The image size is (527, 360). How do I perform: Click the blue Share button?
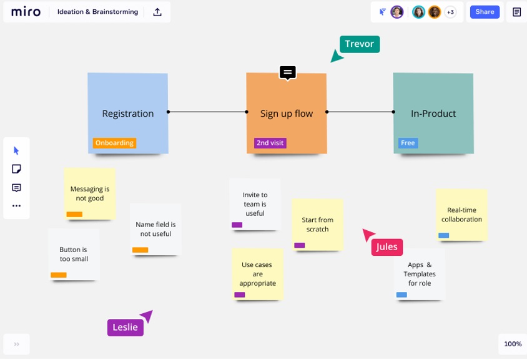[x=485, y=12]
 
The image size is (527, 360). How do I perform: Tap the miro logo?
[x=26, y=12]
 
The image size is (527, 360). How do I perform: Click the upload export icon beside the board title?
[x=157, y=12]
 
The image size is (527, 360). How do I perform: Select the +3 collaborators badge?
[x=450, y=12]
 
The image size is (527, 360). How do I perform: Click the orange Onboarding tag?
[x=114, y=143]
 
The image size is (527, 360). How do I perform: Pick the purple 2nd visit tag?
[x=270, y=143]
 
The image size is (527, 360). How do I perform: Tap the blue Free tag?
[x=408, y=143]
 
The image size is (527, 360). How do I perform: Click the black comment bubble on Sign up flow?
[x=288, y=72]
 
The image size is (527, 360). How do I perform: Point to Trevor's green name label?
[x=360, y=44]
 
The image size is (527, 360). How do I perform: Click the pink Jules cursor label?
[x=387, y=247]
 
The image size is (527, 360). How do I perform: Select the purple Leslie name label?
[x=126, y=328]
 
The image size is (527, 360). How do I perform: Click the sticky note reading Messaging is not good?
[x=90, y=194]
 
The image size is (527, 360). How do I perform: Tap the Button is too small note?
[x=74, y=254]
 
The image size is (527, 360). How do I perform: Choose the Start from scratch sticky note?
[x=317, y=225]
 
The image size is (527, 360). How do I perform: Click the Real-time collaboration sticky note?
[x=461, y=215]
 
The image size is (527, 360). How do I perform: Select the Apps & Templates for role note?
[x=420, y=274]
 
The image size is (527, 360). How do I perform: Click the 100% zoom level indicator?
[x=513, y=344]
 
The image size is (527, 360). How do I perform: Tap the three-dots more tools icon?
[x=16, y=205]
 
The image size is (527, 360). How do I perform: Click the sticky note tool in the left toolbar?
[x=16, y=168]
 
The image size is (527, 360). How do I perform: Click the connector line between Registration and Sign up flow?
[x=207, y=112]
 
